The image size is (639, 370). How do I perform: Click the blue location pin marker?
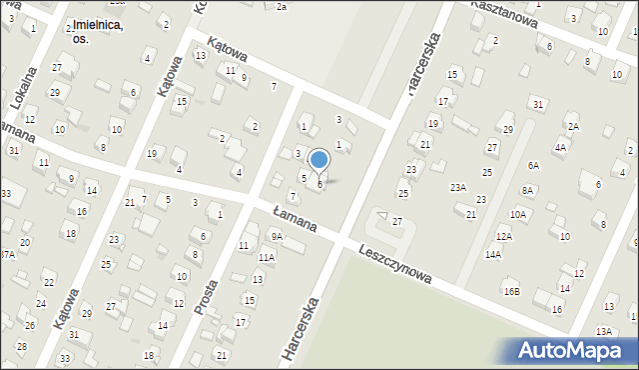(x=319, y=160)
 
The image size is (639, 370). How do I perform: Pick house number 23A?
(x=458, y=187)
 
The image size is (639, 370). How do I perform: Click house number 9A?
(x=277, y=237)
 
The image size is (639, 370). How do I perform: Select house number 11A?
(x=266, y=257)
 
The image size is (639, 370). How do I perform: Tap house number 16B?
(x=511, y=291)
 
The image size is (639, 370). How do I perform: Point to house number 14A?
(x=493, y=255)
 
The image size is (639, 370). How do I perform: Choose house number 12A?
(x=504, y=236)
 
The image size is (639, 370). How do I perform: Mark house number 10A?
(x=518, y=214)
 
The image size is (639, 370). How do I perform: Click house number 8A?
(x=527, y=190)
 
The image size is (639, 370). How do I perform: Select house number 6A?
(x=534, y=165)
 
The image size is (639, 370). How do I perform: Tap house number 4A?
(x=560, y=147)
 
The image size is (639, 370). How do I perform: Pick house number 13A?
(x=603, y=331)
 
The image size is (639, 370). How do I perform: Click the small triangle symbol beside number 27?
(x=382, y=216)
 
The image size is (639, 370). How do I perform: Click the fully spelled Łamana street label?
(x=296, y=219)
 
